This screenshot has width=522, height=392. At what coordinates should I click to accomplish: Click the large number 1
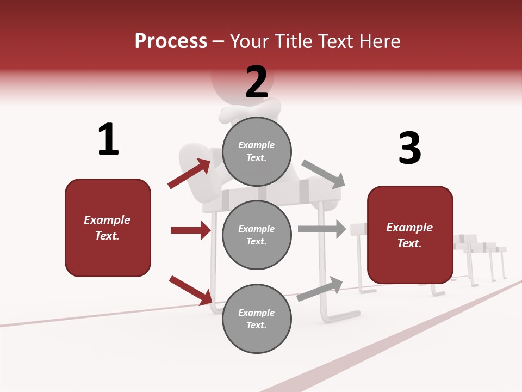(108, 140)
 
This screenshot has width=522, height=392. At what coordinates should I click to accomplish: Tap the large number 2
(257, 82)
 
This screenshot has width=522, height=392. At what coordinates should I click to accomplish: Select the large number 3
(409, 148)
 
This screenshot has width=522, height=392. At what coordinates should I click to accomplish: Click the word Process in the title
(171, 41)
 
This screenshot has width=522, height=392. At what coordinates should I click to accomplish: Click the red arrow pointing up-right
(189, 173)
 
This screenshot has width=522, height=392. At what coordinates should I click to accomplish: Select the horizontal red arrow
(190, 230)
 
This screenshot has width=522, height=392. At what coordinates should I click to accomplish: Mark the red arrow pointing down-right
(190, 290)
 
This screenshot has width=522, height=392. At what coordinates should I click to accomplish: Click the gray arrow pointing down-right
(323, 174)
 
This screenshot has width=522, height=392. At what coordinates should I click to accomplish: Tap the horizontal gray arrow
(322, 229)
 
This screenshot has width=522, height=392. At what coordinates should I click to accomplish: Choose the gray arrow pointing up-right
(320, 289)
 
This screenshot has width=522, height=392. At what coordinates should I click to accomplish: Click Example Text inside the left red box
(107, 228)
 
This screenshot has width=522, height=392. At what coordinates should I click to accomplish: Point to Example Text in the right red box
(409, 235)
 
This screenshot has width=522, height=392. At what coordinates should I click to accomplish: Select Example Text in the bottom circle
(257, 318)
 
